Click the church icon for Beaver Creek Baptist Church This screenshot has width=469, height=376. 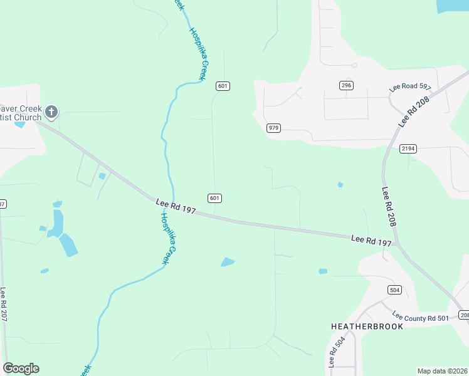pos(51,113)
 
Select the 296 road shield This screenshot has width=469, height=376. pos(345,85)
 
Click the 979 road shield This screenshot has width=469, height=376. pos(273,128)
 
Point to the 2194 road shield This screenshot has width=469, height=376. pos(408,149)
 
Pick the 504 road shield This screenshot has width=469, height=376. pos(394,290)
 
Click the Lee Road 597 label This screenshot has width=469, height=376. pos(410,87)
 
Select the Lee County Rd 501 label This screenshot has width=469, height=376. pos(421,317)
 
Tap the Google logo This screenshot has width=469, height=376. pos(21,368)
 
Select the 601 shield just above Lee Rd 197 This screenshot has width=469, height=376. pos(214,198)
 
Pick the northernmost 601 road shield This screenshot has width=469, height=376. pos(222,85)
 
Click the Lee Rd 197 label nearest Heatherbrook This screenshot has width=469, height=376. pos(371,240)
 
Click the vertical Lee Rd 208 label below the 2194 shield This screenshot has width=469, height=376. pos(389,207)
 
